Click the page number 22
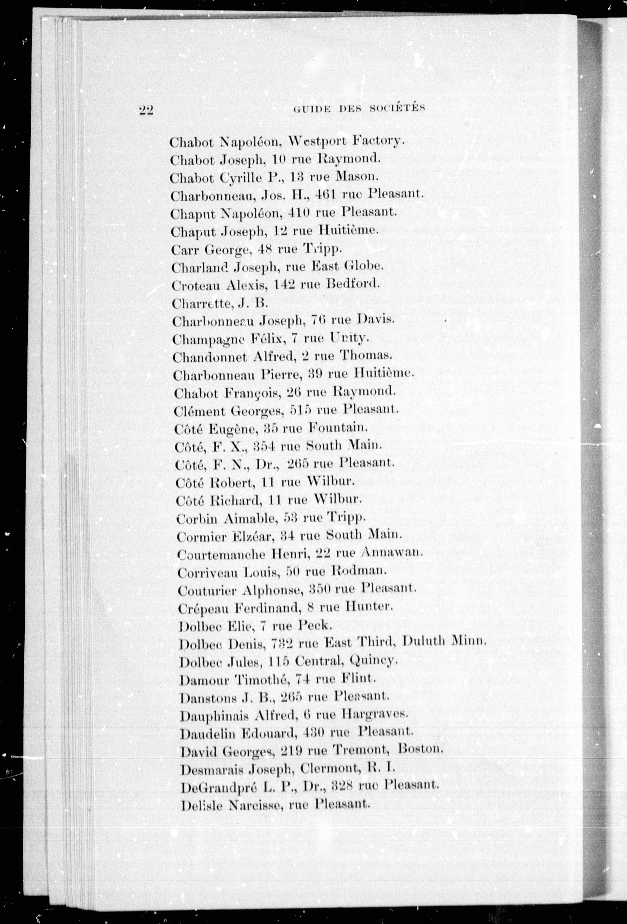pyautogui.click(x=146, y=110)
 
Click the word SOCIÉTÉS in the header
pyautogui.click(x=397, y=108)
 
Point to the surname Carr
pyautogui.click(x=185, y=250)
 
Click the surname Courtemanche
pyautogui.click(x=221, y=554)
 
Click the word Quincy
pyautogui.click(x=373, y=660)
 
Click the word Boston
pyautogui.click(x=420, y=750)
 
